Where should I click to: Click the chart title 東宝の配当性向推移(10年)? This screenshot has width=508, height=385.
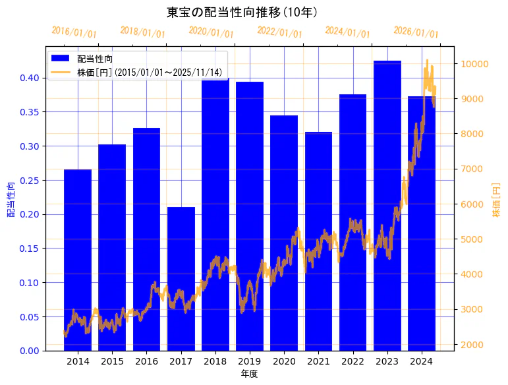242,13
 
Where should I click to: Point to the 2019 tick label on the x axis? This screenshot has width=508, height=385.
250,361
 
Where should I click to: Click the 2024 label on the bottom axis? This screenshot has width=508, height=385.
421,361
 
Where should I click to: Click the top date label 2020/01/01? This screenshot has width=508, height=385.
212,32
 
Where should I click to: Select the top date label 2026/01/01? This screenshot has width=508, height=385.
416,32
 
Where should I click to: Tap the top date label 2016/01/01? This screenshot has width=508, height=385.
74,32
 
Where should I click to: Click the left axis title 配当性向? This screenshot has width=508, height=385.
11,199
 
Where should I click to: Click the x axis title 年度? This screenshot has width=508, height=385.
249,374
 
